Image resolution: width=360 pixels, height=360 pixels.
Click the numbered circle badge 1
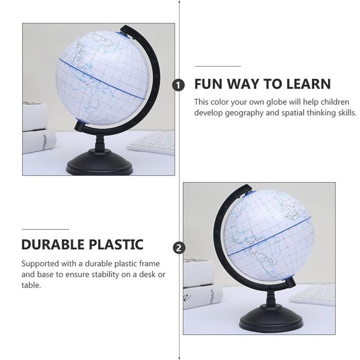178,85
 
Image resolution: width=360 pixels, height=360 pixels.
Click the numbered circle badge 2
179,248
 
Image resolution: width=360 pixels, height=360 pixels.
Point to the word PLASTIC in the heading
116,244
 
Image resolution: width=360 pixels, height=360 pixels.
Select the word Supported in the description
40,264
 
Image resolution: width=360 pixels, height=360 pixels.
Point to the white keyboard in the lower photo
312,295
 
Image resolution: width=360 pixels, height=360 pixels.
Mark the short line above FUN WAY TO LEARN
218,66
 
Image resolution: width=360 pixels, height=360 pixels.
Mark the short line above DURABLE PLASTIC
45,229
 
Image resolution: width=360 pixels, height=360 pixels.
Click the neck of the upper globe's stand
99,142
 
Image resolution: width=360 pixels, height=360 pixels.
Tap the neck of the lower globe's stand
271,297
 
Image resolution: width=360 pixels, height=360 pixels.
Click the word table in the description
31,285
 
